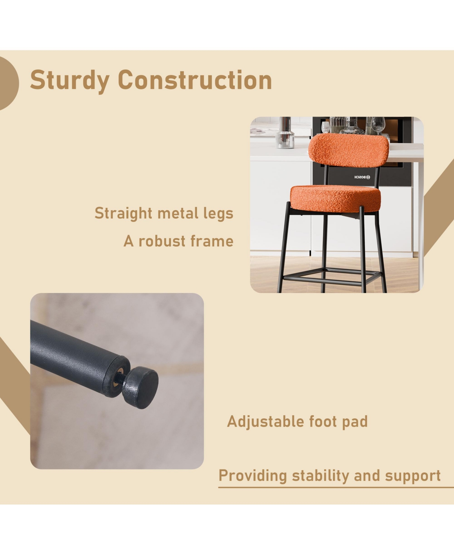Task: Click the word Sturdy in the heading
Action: coord(70,80)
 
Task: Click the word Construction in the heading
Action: coord(195,80)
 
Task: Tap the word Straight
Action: coord(123,213)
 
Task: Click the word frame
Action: coord(212,241)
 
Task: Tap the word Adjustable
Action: coord(266,422)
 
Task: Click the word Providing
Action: coord(252,476)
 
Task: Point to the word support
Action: coord(413,476)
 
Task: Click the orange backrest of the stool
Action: coord(348,150)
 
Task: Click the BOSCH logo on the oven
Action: coord(362,177)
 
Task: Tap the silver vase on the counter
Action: coord(285,133)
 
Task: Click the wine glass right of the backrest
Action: coord(378,125)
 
